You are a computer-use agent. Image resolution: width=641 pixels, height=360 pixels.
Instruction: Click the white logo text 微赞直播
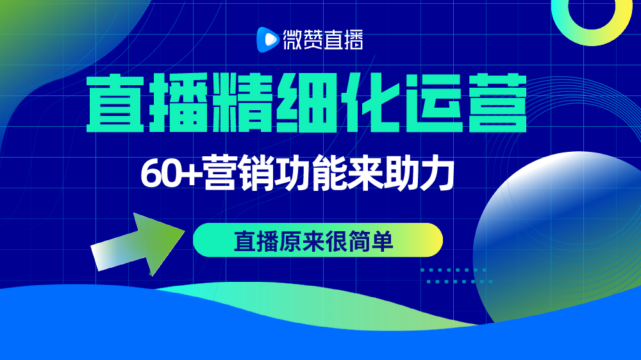point(323,40)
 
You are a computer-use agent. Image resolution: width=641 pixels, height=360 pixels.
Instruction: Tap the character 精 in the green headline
point(243,103)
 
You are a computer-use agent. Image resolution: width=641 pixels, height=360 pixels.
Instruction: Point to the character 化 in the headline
point(370,103)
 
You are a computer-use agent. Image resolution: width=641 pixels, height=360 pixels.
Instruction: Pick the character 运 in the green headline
point(434,103)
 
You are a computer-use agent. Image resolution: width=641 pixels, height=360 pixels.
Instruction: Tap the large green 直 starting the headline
point(115,103)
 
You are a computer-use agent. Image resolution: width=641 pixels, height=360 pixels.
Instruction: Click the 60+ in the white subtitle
point(171,174)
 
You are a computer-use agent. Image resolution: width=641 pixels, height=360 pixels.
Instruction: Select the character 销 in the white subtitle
point(256,173)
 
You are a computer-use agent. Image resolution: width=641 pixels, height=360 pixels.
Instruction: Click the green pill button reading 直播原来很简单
point(318,240)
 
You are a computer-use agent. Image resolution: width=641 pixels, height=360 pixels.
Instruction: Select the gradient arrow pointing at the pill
point(138,244)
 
